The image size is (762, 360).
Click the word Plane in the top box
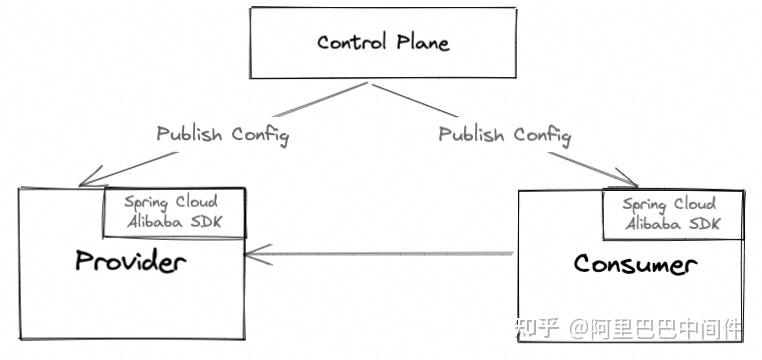tap(423, 42)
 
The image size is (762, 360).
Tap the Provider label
tap(131, 261)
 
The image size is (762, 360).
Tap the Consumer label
tap(635, 264)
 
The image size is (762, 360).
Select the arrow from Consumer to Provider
tap(380, 254)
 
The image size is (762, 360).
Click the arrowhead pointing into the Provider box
tap(258, 255)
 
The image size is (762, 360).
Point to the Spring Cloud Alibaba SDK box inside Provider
tap(174, 212)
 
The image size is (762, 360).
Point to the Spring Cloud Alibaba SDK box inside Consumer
tap(673, 215)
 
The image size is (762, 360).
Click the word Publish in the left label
tap(189, 134)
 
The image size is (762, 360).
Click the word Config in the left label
tap(260, 135)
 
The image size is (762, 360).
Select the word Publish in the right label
tap(471, 134)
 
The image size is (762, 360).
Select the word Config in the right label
tap(542, 136)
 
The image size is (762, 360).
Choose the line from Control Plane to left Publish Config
tap(320, 100)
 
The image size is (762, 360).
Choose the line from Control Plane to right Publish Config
tap(415, 100)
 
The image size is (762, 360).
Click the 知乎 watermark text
tap(537, 329)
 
